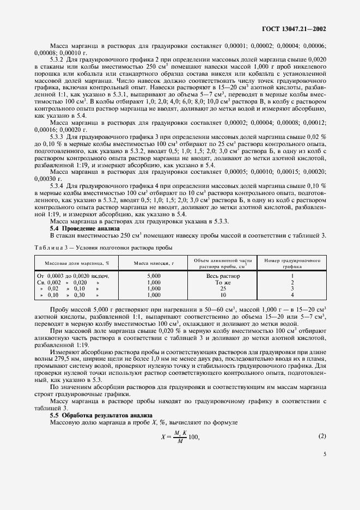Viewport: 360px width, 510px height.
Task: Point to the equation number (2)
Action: click(322, 451)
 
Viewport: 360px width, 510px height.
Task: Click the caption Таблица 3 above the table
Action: click(50, 247)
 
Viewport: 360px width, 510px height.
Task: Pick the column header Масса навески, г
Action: click(153, 263)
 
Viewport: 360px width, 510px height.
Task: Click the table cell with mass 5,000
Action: click(154, 276)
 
